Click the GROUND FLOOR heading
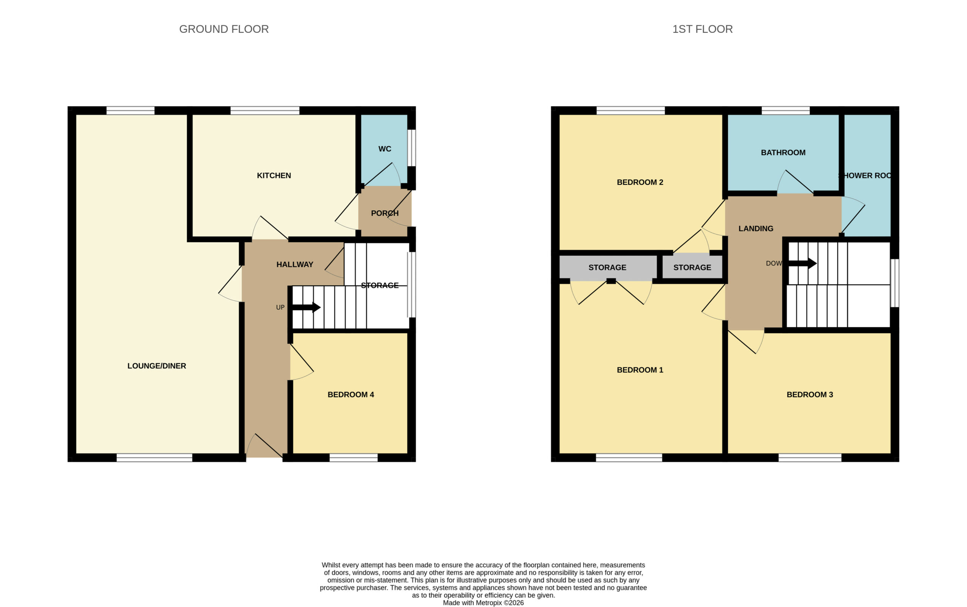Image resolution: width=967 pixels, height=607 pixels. [x=224, y=29]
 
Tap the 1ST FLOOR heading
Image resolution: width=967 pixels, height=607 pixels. [x=702, y=29]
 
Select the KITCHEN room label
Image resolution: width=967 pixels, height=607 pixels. [x=274, y=175]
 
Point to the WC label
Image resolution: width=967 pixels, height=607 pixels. [x=385, y=149]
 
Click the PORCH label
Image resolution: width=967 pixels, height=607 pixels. [x=385, y=213]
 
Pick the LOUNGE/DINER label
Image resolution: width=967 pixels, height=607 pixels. [x=156, y=366]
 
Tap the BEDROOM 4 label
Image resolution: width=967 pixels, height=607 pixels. [x=351, y=395]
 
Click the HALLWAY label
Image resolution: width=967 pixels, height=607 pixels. [x=295, y=264]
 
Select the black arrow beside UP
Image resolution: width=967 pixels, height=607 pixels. [x=306, y=307]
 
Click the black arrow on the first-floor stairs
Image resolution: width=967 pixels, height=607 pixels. [x=802, y=263]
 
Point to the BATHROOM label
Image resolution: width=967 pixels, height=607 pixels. [x=783, y=153]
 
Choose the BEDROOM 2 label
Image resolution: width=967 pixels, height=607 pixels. [x=640, y=182]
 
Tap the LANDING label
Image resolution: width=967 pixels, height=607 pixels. [x=755, y=229]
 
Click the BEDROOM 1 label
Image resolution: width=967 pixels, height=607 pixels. [x=640, y=370]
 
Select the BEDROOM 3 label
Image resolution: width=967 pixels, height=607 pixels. [x=809, y=395]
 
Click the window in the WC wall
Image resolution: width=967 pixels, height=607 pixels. [x=411, y=148]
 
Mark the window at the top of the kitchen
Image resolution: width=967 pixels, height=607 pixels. [x=265, y=110]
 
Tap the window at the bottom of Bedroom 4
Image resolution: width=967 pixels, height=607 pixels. [x=353, y=458]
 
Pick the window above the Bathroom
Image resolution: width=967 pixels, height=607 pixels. [x=785, y=110]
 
